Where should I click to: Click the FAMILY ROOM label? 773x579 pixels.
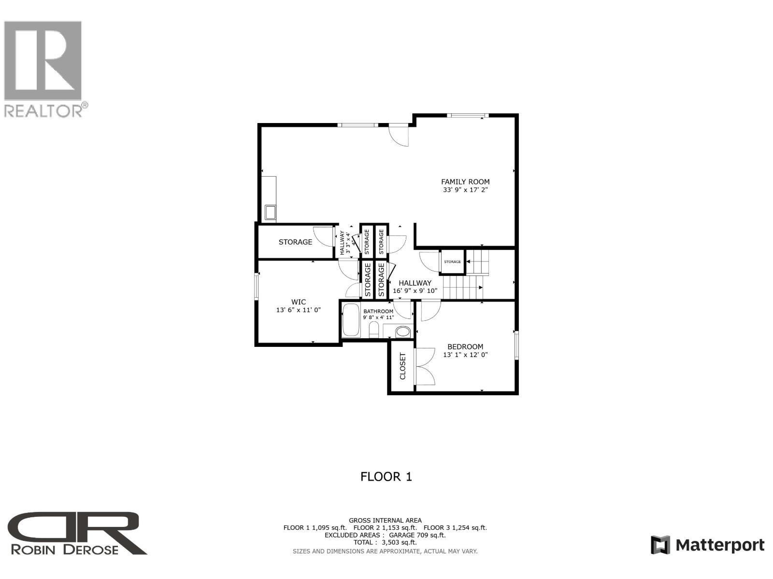point(465,182)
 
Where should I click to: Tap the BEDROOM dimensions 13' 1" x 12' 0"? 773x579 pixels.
point(465,355)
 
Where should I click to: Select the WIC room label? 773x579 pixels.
point(298,302)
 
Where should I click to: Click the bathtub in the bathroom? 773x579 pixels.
point(351,319)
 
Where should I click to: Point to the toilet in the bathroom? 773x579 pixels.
point(373,331)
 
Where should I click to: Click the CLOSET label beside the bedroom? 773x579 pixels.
point(402,366)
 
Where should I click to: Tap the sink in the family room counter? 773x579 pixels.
point(270,212)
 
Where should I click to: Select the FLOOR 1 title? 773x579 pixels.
point(386,477)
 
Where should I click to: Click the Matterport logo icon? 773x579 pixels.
point(660,545)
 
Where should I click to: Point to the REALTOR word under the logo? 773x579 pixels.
point(43,111)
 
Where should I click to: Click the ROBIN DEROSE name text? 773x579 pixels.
point(64,549)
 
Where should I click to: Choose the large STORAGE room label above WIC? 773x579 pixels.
point(295,242)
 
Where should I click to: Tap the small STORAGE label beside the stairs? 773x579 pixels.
point(452,262)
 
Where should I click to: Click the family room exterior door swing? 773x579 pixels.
point(401,136)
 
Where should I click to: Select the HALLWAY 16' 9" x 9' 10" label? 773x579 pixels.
point(415,287)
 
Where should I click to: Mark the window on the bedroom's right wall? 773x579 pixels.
point(516,345)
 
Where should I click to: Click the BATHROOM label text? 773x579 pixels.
point(378,311)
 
